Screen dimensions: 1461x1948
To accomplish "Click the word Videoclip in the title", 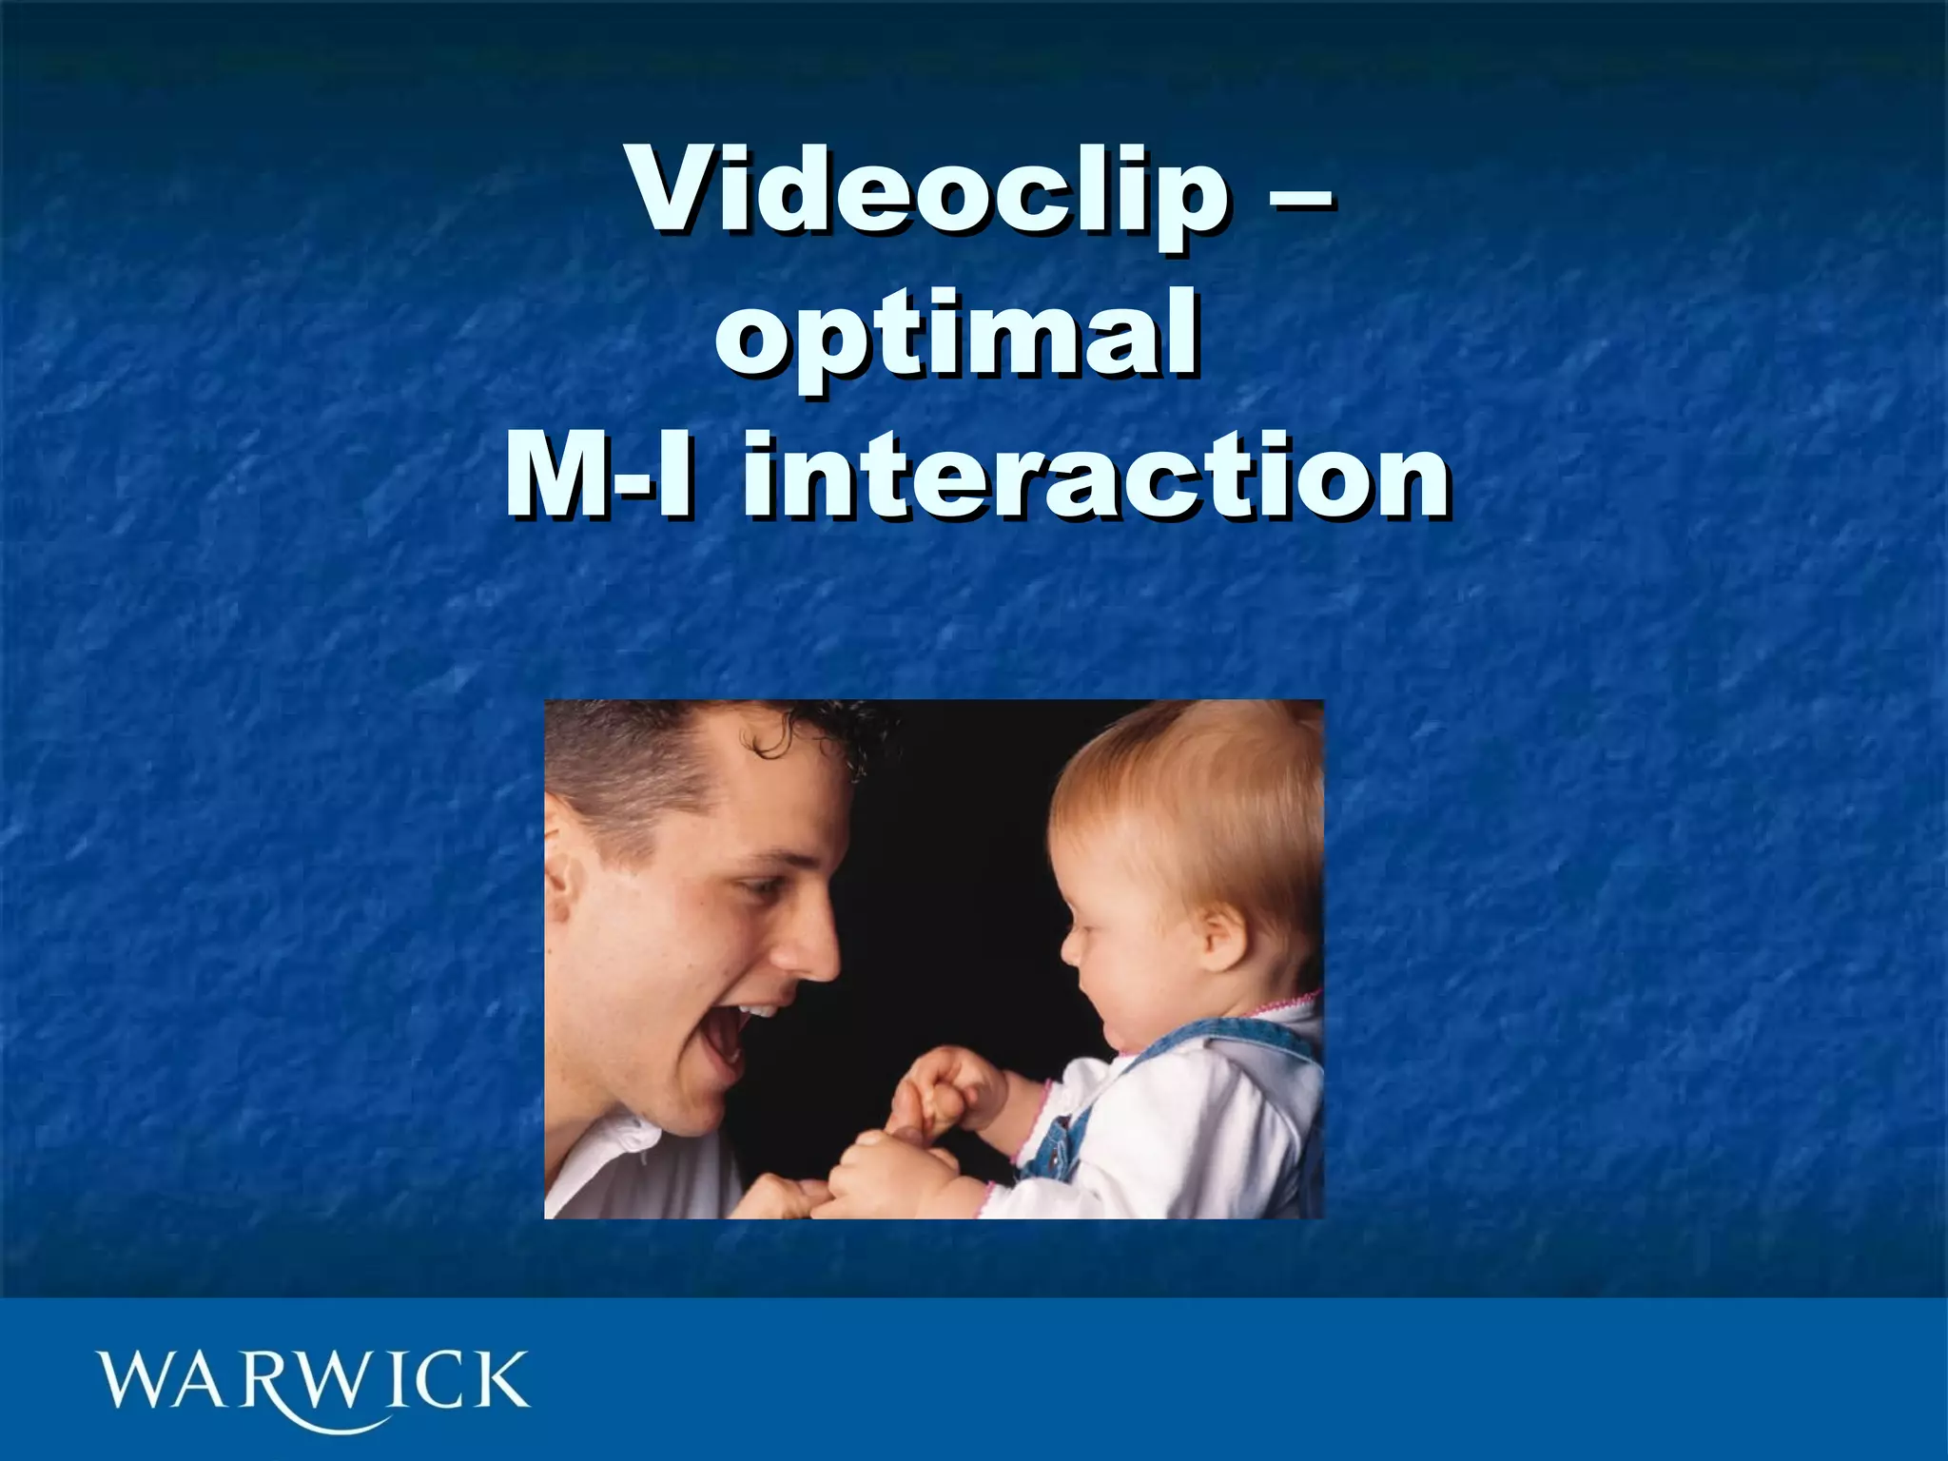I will (927, 190).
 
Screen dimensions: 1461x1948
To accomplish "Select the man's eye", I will (756, 889).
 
